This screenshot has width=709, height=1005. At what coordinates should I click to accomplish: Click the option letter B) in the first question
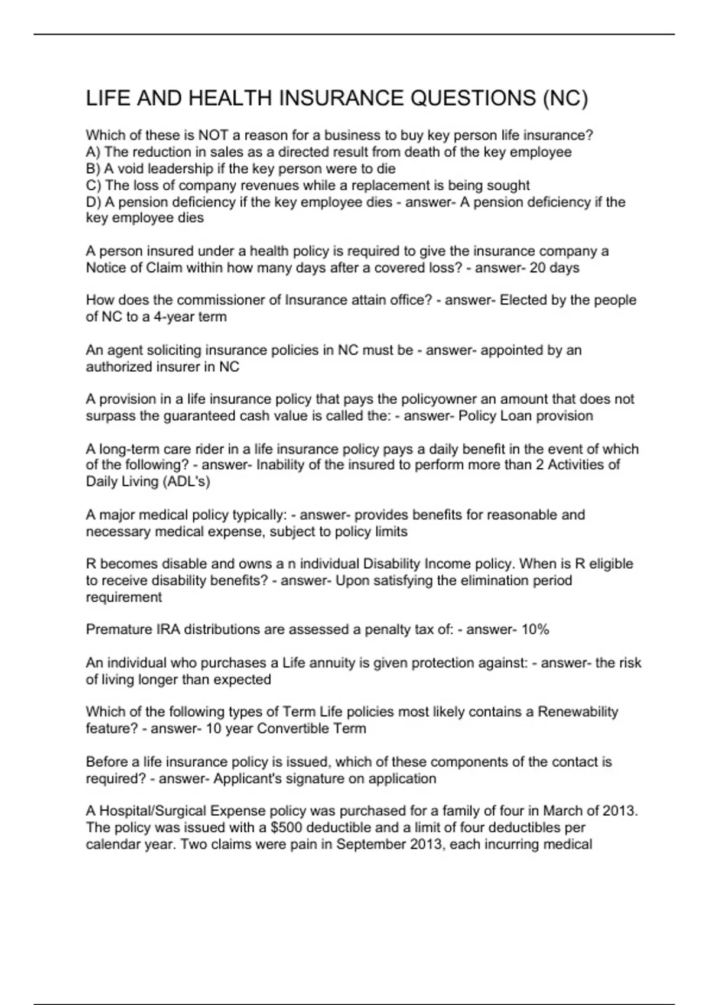pyautogui.click(x=93, y=168)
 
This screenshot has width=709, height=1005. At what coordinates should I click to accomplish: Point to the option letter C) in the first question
pyautogui.click(x=94, y=185)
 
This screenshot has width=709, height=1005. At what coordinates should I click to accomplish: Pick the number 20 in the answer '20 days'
pyautogui.click(x=538, y=268)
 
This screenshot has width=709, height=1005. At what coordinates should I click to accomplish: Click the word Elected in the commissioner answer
pyautogui.click(x=523, y=300)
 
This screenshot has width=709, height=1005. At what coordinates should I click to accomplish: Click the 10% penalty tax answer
pyautogui.click(x=535, y=630)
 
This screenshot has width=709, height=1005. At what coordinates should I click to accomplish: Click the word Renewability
pyautogui.click(x=578, y=712)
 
